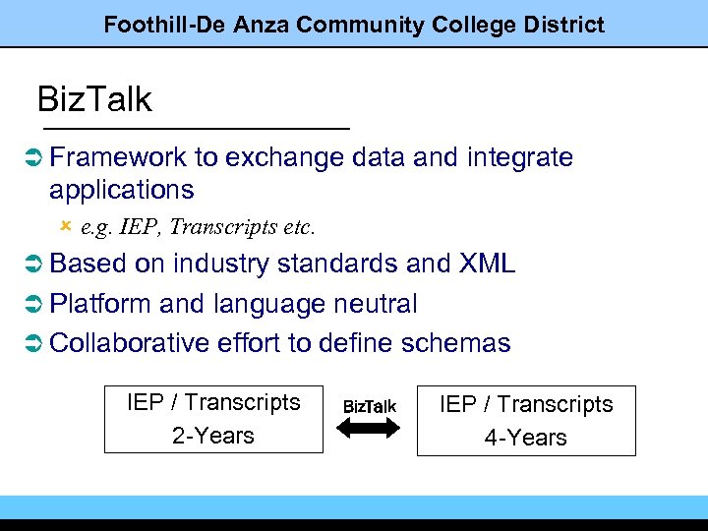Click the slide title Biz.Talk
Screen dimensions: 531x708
pos(94,100)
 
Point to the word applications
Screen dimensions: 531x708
pos(122,189)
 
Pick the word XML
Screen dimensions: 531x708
pos(487,265)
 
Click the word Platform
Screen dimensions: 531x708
pos(96,304)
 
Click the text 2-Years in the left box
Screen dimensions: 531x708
pos(213,436)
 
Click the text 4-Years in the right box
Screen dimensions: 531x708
pos(526,438)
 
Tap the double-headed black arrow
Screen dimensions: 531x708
pos(370,427)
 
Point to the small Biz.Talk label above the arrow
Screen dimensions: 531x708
pos(370,406)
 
